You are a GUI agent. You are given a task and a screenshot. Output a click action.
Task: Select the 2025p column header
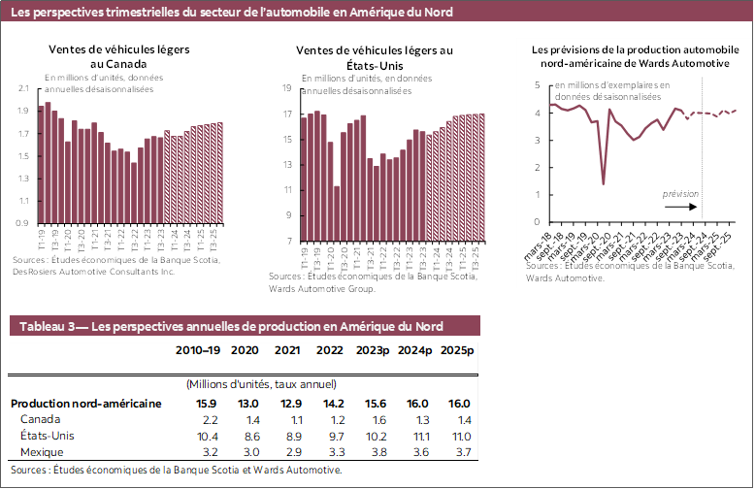click(457, 350)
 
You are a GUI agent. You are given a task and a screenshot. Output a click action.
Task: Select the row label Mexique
click(42, 452)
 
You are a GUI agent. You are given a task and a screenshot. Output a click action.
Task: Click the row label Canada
click(40, 419)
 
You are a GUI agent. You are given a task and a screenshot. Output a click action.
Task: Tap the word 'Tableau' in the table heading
click(44, 326)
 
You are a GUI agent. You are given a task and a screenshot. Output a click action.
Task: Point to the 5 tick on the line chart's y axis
click(539, 85)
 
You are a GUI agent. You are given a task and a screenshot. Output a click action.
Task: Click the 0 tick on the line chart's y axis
click(539, 221)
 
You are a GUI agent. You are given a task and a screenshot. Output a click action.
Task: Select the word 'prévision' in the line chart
click(680, 195)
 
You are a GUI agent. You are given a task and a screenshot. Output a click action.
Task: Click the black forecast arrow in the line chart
click(680, 207)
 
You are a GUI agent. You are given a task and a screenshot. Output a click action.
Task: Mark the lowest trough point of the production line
click(604, 184)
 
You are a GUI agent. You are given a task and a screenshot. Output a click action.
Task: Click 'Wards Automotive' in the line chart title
click(681, 63)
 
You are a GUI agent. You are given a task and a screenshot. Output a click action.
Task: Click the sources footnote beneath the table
click(176, 470)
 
